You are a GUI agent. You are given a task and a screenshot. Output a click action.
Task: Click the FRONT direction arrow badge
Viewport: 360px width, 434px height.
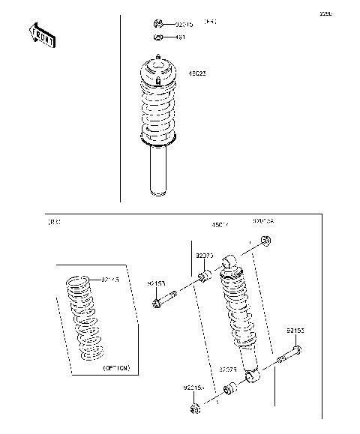click(x=41, y=35)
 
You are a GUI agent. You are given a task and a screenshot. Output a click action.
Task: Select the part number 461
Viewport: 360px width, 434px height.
click(x=180, y=37)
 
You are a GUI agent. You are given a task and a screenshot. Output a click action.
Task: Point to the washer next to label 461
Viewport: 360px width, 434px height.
click(x=158, y=37)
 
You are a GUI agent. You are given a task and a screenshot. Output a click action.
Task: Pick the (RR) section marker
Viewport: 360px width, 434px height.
click(x=54, y=222)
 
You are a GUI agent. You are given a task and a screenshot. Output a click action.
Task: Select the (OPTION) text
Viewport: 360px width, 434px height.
click(x=116, y=368)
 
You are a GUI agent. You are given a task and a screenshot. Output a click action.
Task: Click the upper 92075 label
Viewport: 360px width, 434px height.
click(x=204, y=256)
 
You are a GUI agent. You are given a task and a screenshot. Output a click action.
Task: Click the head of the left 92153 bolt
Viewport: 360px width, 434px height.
click(x=157, y=304)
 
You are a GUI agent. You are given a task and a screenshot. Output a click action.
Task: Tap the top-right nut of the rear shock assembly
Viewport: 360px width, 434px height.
click(x=265, y=241)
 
